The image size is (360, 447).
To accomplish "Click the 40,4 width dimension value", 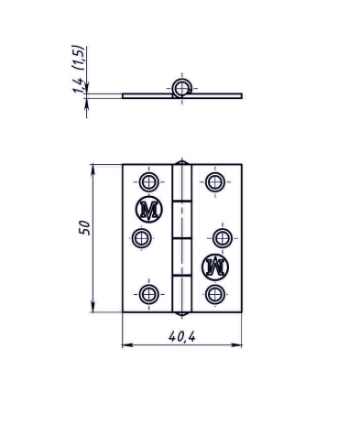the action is pos(182,336).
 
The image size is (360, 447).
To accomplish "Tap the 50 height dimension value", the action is pos(84,227).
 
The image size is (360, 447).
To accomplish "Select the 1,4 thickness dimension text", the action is pos(78,85).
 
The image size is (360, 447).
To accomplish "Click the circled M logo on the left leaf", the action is pos(148,210).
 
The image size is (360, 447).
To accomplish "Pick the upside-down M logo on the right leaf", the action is pos(215,267).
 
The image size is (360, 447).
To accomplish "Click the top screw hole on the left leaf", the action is pos(148,182).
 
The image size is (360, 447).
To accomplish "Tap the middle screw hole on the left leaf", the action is pos(141,238).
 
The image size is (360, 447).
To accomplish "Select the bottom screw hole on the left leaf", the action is pos(148,294).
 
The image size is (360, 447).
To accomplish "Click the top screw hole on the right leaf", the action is pos(215,182).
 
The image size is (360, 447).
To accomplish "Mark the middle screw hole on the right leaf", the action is pos(223,238).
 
